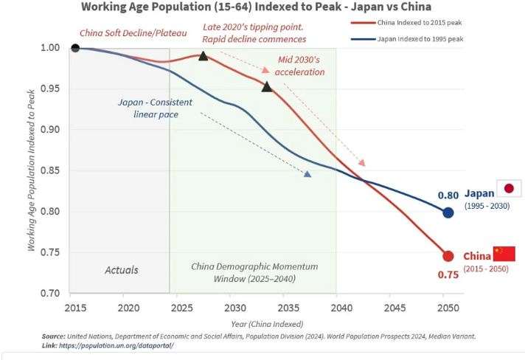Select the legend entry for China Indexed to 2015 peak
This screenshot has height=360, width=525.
pyautogui.click(x=419, y=21)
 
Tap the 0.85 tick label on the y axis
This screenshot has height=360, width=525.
pyautogui.click(x=50, y=170)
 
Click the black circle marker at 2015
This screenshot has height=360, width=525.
pyautogui.click(x=74, y=48)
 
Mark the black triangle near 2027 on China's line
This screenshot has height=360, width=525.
pyautogui.click(x=203, y=55)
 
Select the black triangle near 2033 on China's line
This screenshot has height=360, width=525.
pyautogui.click(x=267, y=86)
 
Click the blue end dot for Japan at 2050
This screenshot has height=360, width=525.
pyautogui.click(x=448, y=212)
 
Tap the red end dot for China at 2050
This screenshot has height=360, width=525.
pyautogui.click(x=448, y=256)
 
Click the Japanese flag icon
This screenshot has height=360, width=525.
pyautogui.click(x=508, y=188)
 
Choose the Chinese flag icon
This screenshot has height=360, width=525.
pyautogui.click(x=504, y=254)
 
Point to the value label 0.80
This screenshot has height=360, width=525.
pyautogui.click(x=448, y=195)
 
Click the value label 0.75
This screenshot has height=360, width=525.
pyautogui.click(x=448, y=274)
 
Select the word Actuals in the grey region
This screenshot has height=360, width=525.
pyautogui.click(x=121, y=269)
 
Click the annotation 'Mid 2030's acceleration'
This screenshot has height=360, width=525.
pyautogui.click(x=299, y=66)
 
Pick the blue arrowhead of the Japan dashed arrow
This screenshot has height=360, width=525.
pyautogui.click(x=307, y=174)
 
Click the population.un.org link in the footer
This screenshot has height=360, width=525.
pyautogui.click(x=118, y=345)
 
